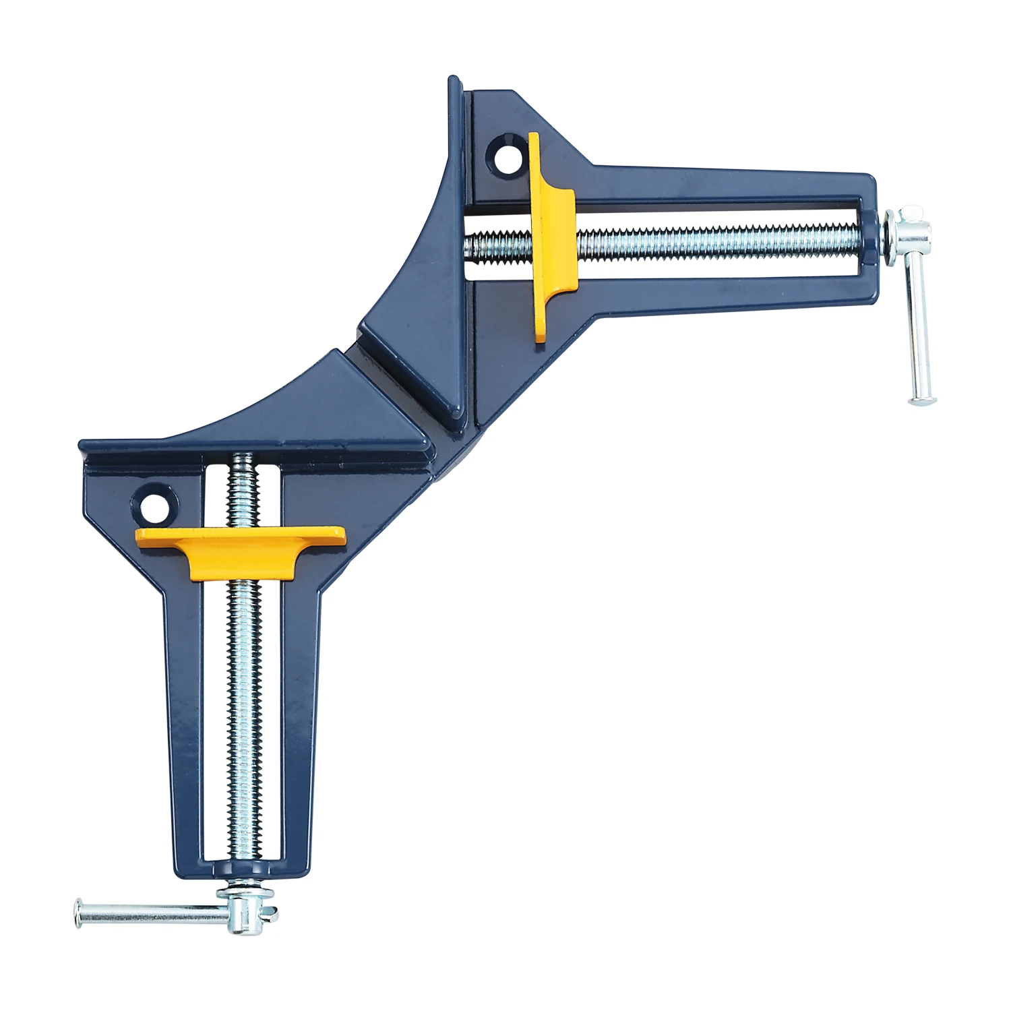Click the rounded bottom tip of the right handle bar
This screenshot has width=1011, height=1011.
pyautogui.click(x=922, y=402)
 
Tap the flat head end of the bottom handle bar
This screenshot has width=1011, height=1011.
pyautogui.click(x=78, y=913)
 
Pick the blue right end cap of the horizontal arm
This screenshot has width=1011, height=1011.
pyautogui.click(x=869, y=243)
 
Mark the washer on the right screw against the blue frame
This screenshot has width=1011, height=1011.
pyautogui.click(x=889, y=233)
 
